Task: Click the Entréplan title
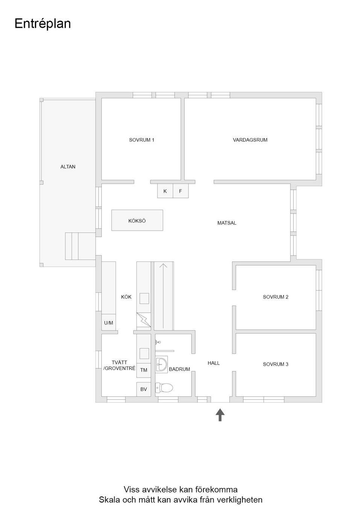pos(42,24)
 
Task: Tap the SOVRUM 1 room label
pos(141,140)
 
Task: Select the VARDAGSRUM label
pos(250,140)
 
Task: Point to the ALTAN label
pos(68,167)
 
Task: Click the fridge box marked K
pos(165,191)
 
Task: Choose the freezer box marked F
pos(180,191)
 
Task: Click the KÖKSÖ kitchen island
pos(137,221)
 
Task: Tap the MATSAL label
pos(227,223)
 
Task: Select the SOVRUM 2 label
pos(276,297)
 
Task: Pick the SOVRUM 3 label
pos(276,364)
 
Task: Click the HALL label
pos(214,363)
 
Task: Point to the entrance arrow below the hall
pos(220,415)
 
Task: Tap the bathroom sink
pos(162,365)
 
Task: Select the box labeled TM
pos(144,370)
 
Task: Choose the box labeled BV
pos(144,389)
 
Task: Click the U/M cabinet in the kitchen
pos(109,323)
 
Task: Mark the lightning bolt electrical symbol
pos(144,319)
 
